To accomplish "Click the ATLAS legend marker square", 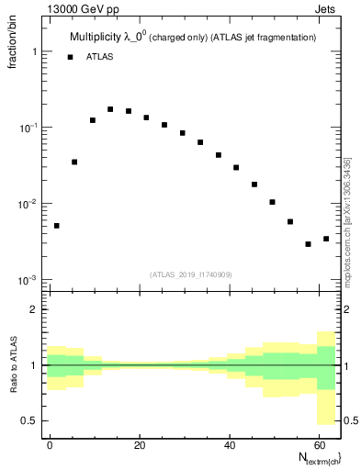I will [70, 57].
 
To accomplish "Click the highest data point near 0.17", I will [110, 109].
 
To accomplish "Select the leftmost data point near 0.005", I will [57, 225].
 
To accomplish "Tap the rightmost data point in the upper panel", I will [326, 239].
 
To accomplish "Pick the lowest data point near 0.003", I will [309, 244].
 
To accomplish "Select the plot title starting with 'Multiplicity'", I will [193, 37].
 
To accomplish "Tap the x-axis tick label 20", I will [140, 443].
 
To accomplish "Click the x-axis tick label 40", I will [229, 443].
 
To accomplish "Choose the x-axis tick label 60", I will [318, 443].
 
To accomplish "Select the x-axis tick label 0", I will [50, 443].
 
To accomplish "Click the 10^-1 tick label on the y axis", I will [29, 128].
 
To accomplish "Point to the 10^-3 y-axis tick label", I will [29, 279].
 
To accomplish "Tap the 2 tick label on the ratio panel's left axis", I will [35, 309].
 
